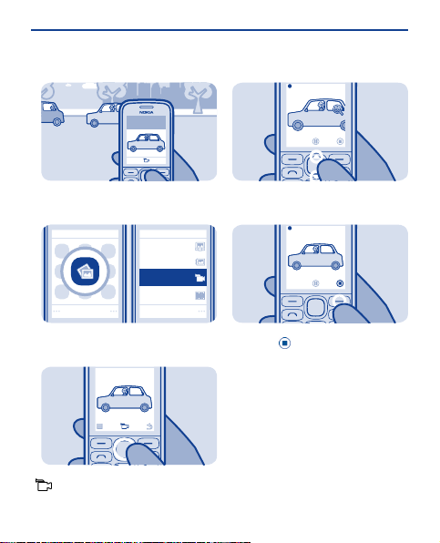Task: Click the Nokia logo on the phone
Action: pyautogui.click(x=146, y=112)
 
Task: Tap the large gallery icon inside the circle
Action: pyautogui.click(x=85, y=271)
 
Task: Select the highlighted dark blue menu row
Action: pyautogui.click(x=173, y=277)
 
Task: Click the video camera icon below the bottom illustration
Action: pyautogui.click(x=44, y=485)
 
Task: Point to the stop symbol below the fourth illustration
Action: pyautogui.click(x=284, y=343)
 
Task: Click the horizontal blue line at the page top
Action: pyautogui.click(x=220, y=30)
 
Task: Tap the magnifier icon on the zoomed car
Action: pyautogui.click(x=338, y=109)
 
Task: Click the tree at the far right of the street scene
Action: pyautogui.click(x=198, y=97)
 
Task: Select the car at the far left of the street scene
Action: pyautogui.click(x=52, y=113)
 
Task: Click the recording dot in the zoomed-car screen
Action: pyautogui.click(x=290, y=87)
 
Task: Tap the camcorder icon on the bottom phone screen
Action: pyautogui.click(x=125, y=426)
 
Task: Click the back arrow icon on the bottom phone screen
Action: pyautogui.click(x=149, y=426)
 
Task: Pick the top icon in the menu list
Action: pyautogui.click(x=200, y=246)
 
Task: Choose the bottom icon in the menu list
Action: pyautogui.click(x=200, y=295)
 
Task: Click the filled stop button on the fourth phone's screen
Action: pyautogui.click(x=340, y=283)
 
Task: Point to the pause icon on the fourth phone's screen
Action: pyautogui.click(x=316, y=283)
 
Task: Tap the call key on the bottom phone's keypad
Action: pyautogui.click(x=101, y=456)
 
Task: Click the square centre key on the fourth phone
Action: pyautogui.click(x=315, y=306)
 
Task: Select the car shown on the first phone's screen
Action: pyautogui.click(x=146, y=143)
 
